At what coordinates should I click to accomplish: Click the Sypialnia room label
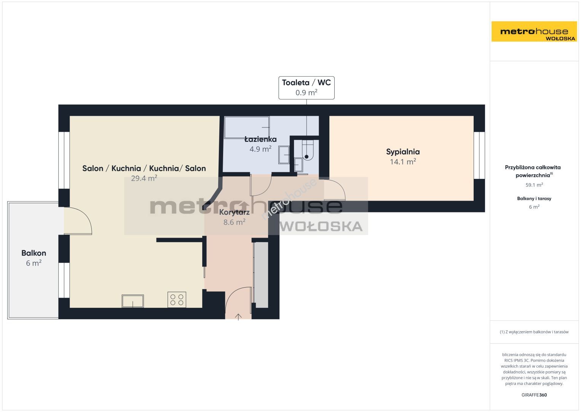click(403, 152)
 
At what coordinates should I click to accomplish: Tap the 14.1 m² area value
click(403, 162)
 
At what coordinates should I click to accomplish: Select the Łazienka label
click(260, 139)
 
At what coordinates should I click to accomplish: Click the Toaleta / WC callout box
click(306, 88)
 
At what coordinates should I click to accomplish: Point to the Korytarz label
click(234, 212)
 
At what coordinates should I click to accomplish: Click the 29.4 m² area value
click(144, 178)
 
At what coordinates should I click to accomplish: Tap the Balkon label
click(34, 253)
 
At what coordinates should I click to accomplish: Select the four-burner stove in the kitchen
click(177, 300)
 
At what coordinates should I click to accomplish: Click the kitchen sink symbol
click(132, 301)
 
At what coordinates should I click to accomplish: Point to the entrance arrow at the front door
click(238, 317)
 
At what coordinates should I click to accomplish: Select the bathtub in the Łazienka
click(247, 127)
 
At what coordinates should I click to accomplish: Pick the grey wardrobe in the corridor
click(261, 275)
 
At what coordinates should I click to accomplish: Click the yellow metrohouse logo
click(534, 31)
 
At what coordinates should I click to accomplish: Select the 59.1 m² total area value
click(534, 185)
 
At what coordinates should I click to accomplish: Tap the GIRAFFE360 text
click(534, 395)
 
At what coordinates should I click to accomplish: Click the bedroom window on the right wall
click(479, 155)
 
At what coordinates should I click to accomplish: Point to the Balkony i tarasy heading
click(534, 199)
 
